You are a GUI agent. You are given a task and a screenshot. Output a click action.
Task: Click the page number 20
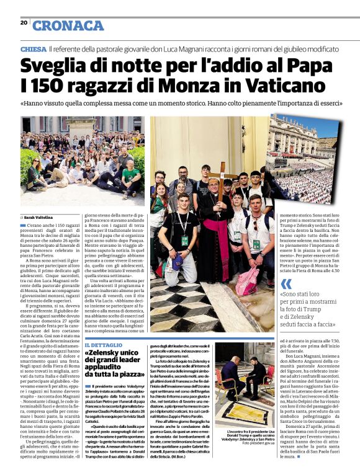click(x=24, y=23)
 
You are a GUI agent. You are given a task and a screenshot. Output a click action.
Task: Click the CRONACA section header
click(x=68, y=25)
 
